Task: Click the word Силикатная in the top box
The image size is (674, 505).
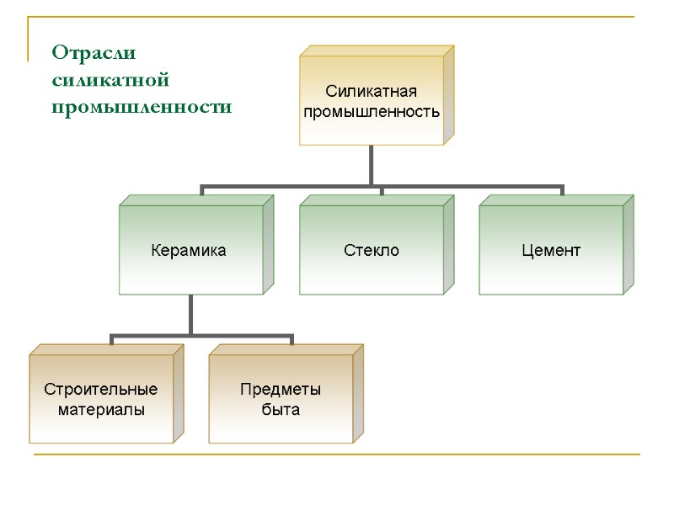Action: click(x=372, y=91)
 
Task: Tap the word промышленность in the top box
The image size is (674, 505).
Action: click(x=372, y=111)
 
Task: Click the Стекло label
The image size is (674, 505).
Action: click(x=372, y=251)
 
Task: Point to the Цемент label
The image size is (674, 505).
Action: click(x=551, y=251)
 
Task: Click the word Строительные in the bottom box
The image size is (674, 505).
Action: click(x=101, y=391)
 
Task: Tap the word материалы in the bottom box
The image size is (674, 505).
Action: click(x=101, y=410)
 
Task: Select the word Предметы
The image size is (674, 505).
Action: click(x=281, y=391)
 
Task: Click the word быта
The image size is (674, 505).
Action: click(x=281, y=410)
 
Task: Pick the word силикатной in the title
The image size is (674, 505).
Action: click(x=110, y=81)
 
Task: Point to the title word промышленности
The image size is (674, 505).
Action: click(x=142, y=108)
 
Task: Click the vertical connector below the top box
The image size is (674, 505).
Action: click(x=371, y=164)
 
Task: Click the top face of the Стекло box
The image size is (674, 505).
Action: click(x=376, y=201)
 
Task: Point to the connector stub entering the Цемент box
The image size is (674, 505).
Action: click(x=562, y=190)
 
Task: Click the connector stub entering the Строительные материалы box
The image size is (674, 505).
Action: click(x=112, y=339)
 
